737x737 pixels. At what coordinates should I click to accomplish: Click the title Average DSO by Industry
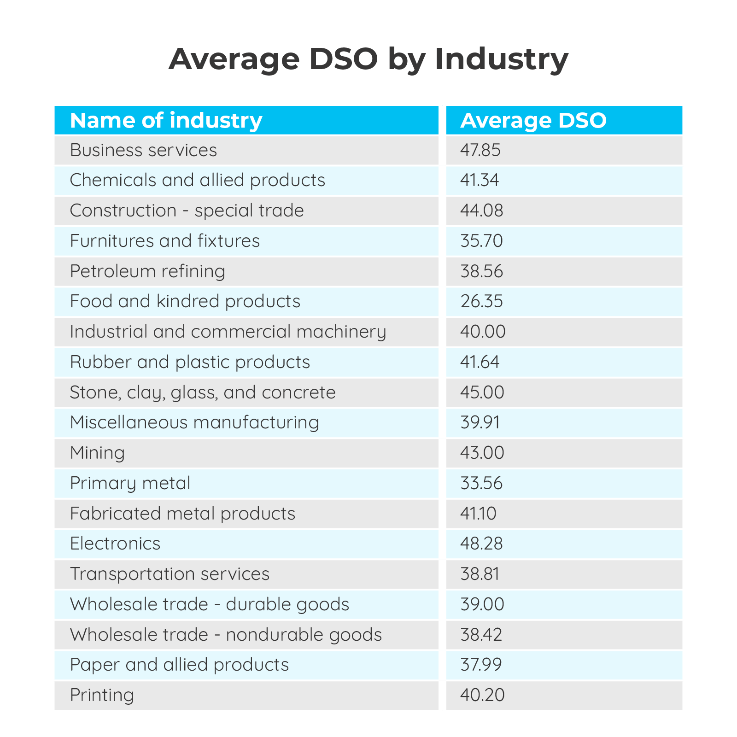coord(368,59)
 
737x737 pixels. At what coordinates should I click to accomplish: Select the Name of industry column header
coord(166,120)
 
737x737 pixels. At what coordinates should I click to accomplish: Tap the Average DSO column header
coord(533,120)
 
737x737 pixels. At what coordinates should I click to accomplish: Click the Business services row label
coord(143,150)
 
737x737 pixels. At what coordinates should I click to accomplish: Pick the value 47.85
coord(480,150)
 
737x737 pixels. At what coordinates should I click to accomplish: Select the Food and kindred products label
coord(185,301)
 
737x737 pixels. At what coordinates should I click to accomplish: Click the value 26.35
coord(481,301)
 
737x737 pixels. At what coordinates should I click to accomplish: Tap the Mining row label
coord(97,453)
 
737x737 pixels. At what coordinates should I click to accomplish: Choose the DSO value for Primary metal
coord(481,483)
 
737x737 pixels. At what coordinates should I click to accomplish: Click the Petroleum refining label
coord(147,271)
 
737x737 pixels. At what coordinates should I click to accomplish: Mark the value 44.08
coord(481,211)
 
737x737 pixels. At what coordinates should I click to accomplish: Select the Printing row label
coord(102,695)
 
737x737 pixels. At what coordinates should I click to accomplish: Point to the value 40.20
coord(482,695)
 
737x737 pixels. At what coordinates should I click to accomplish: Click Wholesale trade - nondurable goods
coord(226,635)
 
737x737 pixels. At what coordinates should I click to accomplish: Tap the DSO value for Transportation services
coord(480,574)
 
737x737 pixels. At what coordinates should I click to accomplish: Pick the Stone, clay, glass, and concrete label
coord(203,392)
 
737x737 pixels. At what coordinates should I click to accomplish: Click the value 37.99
coord(481,665)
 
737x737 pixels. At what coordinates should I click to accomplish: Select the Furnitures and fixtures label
coord(164,241)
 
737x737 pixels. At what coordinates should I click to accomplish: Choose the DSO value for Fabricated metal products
coord(478,514)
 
